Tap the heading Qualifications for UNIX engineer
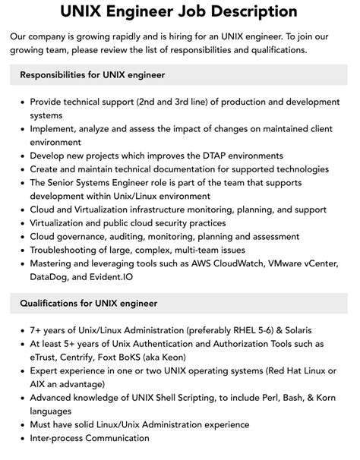pyautogui.click(x=89, y=304)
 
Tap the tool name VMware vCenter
pyautogui.click(x=305, y=264)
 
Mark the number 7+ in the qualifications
pyautogui.click(x=36, y=330)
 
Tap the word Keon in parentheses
pyautogui.click(x=174, y=358)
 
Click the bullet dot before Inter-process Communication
pyautogui.click(x=22, y=439)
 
